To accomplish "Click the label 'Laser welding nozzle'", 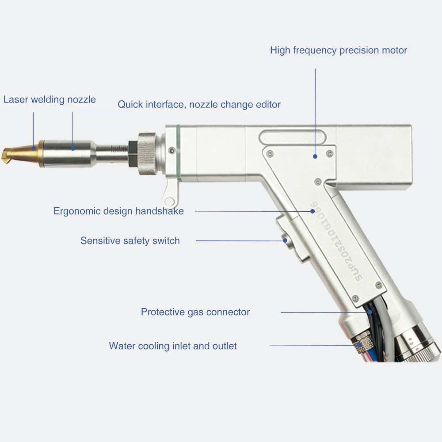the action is tap(50, 99).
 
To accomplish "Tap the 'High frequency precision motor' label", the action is tap(339, 50).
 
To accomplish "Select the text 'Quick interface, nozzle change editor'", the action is tap(199, 105).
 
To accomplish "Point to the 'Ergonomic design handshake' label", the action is tap(118, 211).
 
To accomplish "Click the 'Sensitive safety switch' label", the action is tap(130, 241).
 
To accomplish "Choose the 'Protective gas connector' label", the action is tap(195, 312).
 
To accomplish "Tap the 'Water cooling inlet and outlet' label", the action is tap(173, 346).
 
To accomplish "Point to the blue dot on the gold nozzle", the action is tap(34, 149).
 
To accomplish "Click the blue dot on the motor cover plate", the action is tap(315, 156).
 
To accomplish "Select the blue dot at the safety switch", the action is tap(285, 240).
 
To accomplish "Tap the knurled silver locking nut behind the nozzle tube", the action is tap(147, 153).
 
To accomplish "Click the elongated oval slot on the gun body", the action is tap(292, 137).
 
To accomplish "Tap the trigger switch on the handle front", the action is tap(292, 238).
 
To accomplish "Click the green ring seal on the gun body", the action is tap(178, 151).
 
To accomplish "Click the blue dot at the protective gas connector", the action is tap(370, 312).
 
